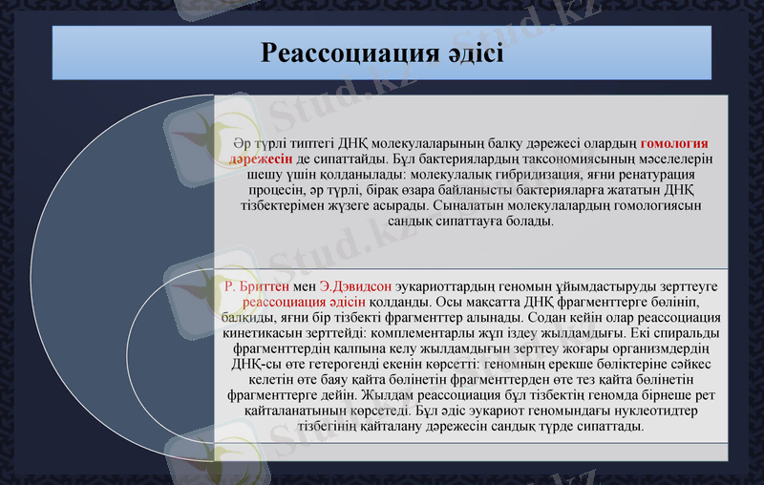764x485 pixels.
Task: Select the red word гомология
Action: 680,144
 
